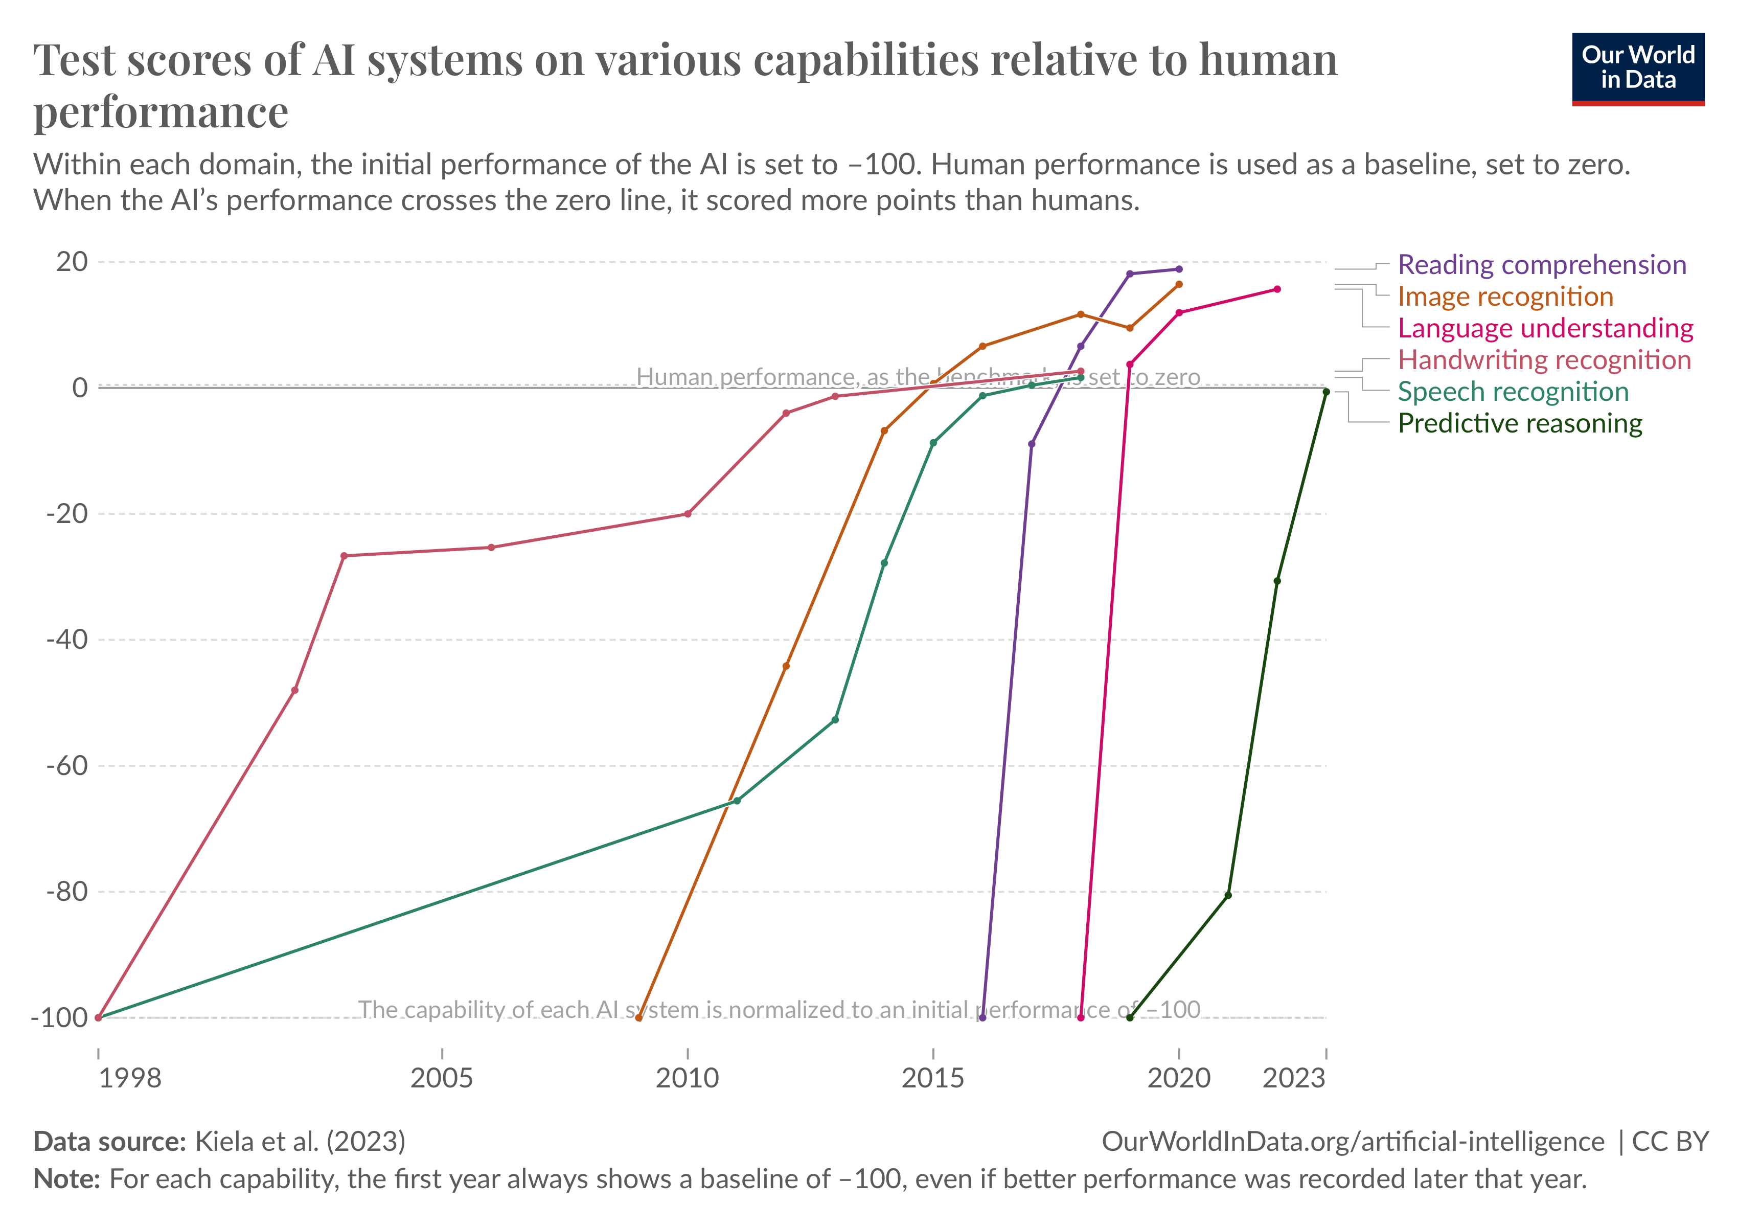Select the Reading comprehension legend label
point(1541,265)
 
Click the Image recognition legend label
point(1505,297)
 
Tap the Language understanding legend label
point(1545,329)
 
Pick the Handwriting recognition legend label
point(1543,360)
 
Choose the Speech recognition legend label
point(1513,392)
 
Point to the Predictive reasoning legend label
point(1519,424)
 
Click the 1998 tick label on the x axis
point(130,1078)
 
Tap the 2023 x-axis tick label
point(1294,1078)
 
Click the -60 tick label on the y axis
point(66,765)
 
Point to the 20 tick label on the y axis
point(72,262)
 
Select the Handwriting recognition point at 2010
point(688,514)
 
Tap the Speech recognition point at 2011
point(737,801)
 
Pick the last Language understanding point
point(1277,289)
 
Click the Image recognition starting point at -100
point(638,1018)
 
